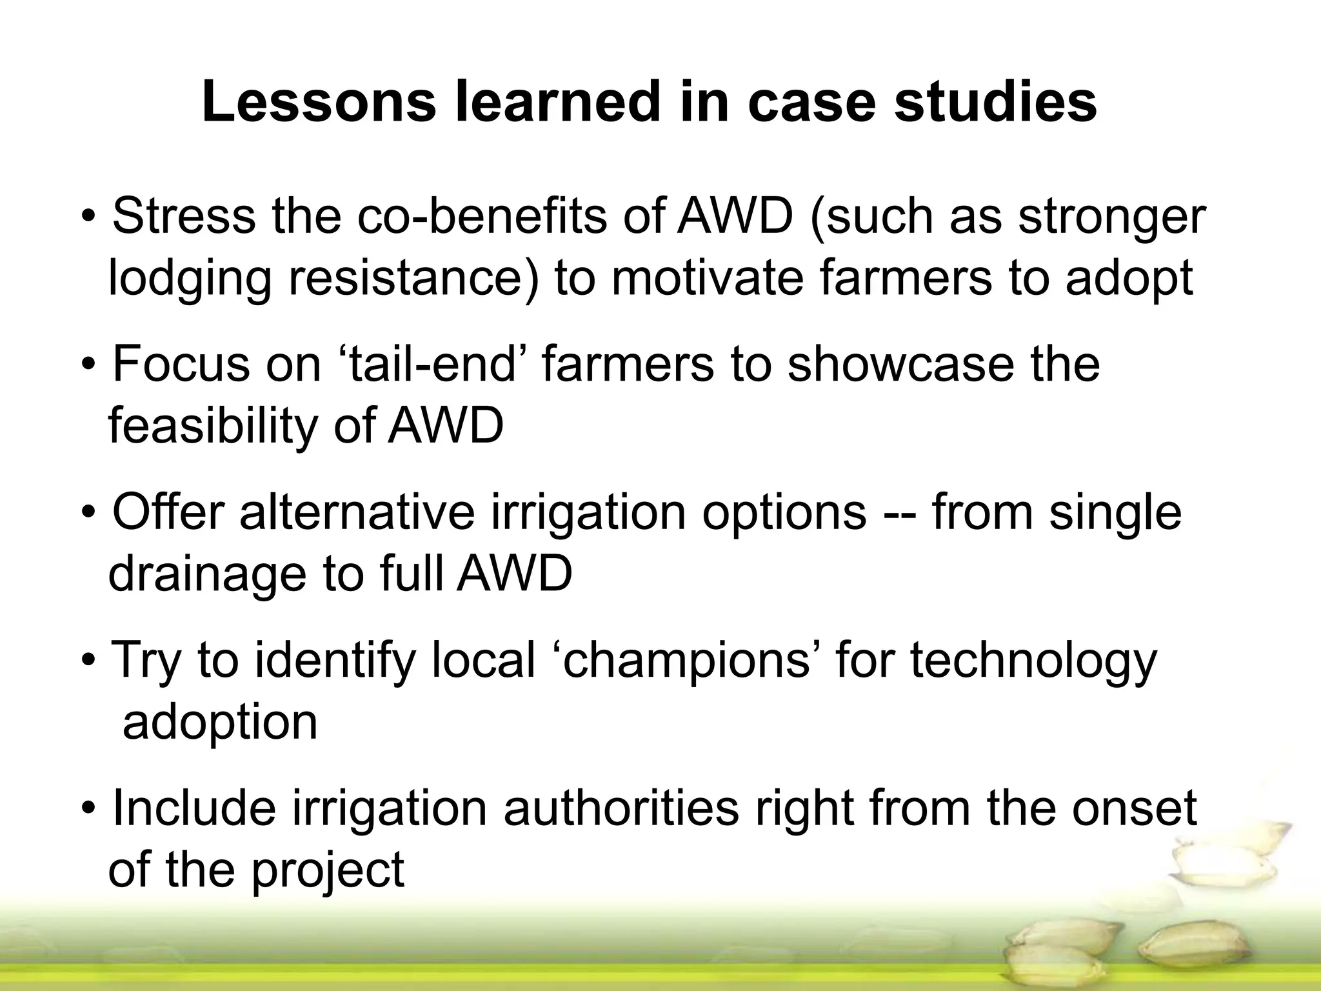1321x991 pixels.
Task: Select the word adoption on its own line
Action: [220, 723]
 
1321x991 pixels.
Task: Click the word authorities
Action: [621, 808]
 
